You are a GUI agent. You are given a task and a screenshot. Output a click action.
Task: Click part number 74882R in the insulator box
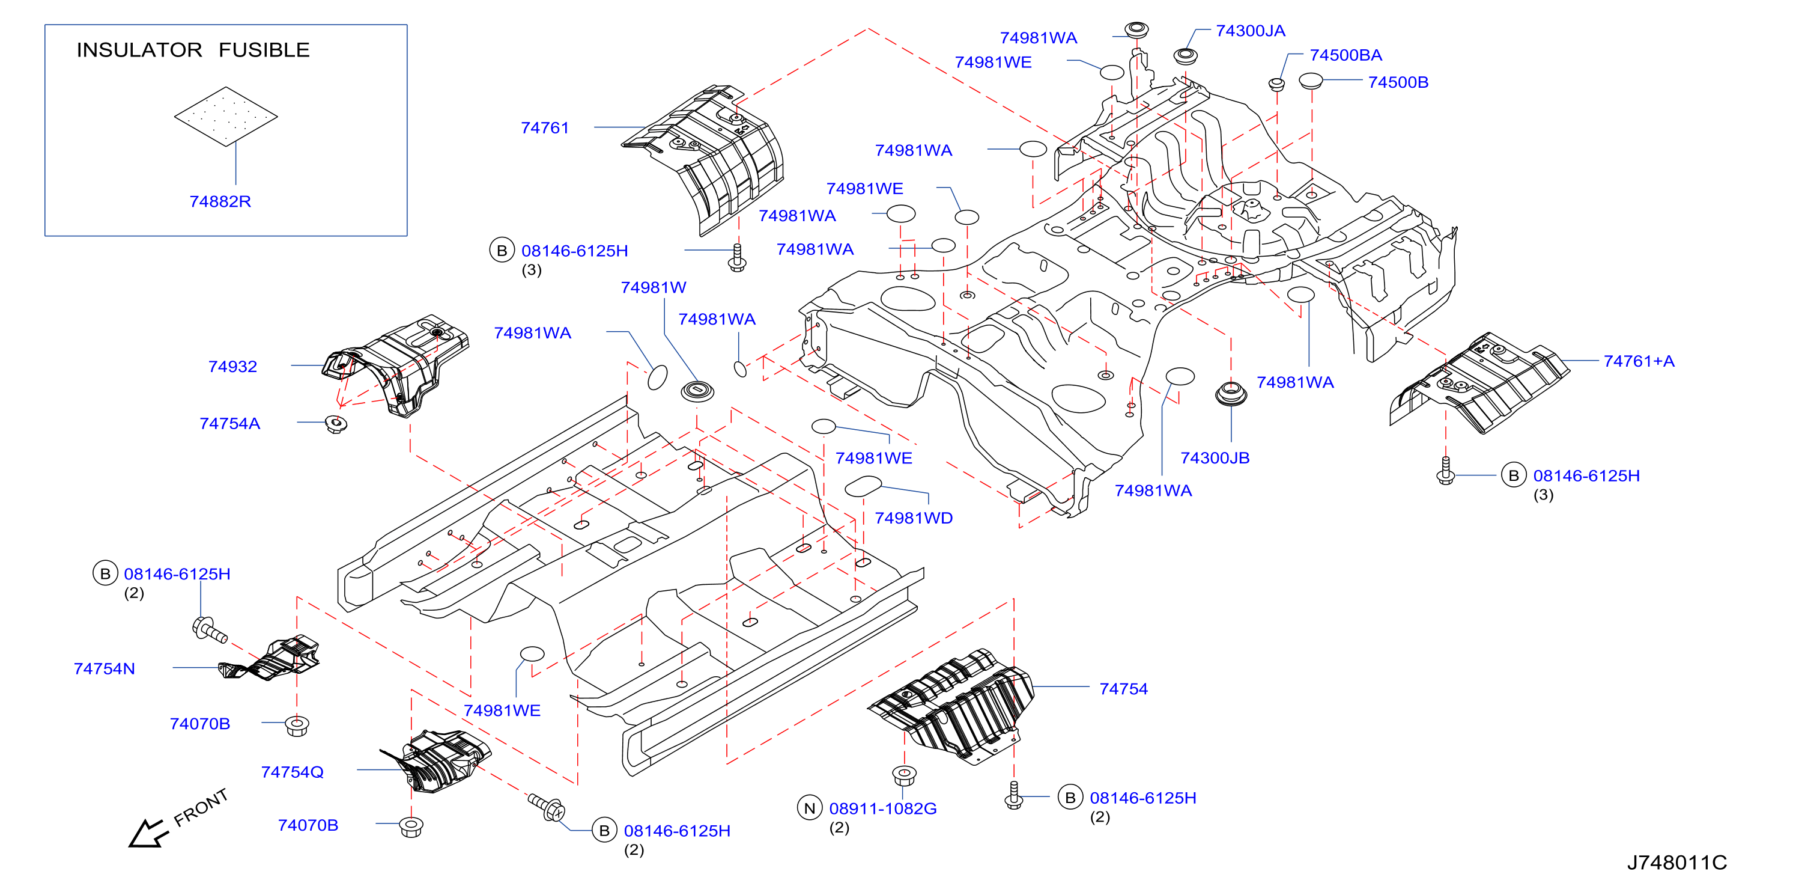coord(220,201)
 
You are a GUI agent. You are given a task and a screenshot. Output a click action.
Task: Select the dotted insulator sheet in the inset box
coord(226,117)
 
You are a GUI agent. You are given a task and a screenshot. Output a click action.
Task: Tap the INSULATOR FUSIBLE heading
coord(193,50)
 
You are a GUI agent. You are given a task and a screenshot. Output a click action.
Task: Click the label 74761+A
coord(1639,361)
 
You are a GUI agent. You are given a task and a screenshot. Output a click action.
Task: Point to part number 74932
coord(233,367)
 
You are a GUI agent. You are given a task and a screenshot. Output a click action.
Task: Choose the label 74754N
coord(105,669)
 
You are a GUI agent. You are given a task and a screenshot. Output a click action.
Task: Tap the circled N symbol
coord(810,808)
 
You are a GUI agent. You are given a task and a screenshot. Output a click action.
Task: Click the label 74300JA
coord(1250,31)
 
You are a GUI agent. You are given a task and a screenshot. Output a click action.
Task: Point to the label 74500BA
coord(1345,55)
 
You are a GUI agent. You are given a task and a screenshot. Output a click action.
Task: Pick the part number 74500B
coord(1398,82)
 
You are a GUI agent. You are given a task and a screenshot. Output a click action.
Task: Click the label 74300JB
coord(1215,458)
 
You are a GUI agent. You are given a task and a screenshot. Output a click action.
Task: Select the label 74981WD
coord(914,518)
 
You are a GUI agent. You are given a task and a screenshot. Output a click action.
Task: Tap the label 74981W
coord(654,287)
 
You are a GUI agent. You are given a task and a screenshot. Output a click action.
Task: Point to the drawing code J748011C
coord(1677,863)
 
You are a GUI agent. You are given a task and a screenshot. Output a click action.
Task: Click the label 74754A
coord(229,424)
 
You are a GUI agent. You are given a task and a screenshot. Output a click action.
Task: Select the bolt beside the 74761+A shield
coord(1445,471)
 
